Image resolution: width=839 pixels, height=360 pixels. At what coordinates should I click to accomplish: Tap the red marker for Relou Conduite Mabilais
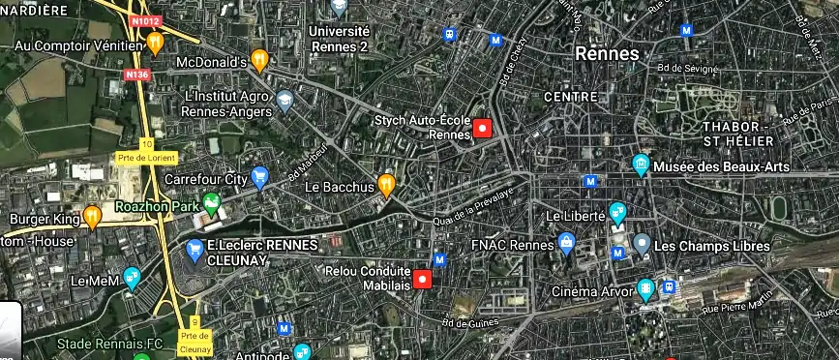click(422, 281)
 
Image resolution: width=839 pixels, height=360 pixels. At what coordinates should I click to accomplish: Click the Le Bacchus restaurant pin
click(386, 184)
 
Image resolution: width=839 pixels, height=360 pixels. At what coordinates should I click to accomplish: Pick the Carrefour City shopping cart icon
click(259, 177)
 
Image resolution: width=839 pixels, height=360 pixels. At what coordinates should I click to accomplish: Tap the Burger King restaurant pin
click(92, 216)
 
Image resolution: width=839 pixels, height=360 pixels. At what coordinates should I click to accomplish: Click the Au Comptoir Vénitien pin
click(155, 44)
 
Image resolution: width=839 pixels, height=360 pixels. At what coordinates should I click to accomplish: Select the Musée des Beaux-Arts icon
click(640, 165)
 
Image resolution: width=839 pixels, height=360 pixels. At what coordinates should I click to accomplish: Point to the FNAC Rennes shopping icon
click(567, 243)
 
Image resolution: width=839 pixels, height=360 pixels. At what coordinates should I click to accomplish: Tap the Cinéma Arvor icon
click(645, 289)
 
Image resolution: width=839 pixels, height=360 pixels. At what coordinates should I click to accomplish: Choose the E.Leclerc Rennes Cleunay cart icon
click(195, 251)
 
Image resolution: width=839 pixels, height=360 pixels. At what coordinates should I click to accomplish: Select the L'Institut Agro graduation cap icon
click(285, 101)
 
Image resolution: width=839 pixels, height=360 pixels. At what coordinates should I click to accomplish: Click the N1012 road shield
click(145, 19)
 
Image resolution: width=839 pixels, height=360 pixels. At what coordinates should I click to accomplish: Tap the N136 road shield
click(136, 73)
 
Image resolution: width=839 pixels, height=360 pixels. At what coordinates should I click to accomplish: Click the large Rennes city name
click(607, 53)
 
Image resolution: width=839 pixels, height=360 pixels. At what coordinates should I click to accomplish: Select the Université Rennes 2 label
click(340, 38)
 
